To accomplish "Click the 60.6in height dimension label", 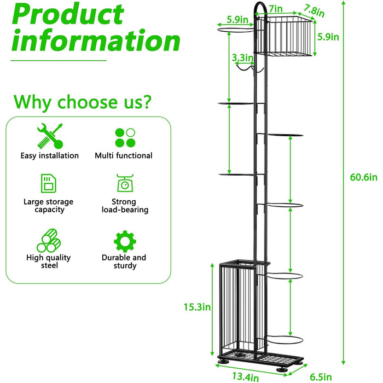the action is click(x=363, y=177).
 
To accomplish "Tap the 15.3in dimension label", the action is click(x=197, y=307).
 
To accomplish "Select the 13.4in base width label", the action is click(x=245, y=376).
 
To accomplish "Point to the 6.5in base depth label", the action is click(x=321, y=377).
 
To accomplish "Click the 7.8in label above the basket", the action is click(x=314, y=11).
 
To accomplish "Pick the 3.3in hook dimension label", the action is click(x=242, y=57).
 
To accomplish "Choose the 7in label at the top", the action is click(x=276, y=9).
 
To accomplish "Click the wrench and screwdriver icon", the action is click(x=50, y=136).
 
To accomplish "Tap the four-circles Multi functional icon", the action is click(x=125, y=137).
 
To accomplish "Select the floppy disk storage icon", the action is click(x=48, y=183).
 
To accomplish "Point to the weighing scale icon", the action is click(x=125, y=183).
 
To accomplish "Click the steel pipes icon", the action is click(x=49, y=240).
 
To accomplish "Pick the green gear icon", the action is click(x=125, y=241).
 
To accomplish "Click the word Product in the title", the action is click(x=68, y=14).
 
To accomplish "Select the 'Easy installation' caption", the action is click(x=50, y=155).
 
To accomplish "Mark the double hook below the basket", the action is click(x=249, y=67).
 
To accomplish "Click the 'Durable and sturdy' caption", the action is click(x=124, y=262).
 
